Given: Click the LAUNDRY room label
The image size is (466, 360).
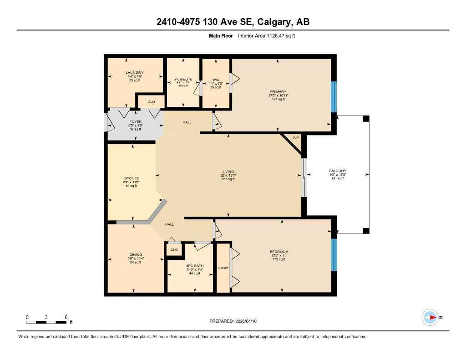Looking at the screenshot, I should [x=135, y=73].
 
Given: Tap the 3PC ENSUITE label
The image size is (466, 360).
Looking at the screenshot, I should [x=183, y=80].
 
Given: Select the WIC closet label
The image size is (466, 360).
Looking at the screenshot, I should [x=216, y=80].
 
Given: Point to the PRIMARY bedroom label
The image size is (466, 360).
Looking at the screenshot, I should [x=279, y=91].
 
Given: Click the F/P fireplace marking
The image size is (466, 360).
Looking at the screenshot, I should [x=296, y=137].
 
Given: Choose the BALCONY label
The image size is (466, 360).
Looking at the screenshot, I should [x=337, y=171].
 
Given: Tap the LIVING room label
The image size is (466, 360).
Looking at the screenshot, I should [x=228, y=172].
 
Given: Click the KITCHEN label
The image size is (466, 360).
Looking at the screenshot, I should [x=131, y=178].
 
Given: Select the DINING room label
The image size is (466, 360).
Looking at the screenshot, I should [x=136, y=254].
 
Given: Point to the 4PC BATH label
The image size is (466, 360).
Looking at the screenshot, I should [x=194, y=266].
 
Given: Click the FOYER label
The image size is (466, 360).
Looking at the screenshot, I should [x=136, y=122].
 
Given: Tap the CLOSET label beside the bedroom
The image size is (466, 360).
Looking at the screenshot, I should [x=223, y=269].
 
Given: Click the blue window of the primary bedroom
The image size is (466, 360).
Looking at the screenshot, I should [x=334, y=96].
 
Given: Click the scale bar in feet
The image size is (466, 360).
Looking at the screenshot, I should [x=47, y=322].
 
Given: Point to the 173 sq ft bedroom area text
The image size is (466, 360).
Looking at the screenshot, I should [x=279, y=259].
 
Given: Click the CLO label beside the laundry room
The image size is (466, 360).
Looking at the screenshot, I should [x=151, y=102].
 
